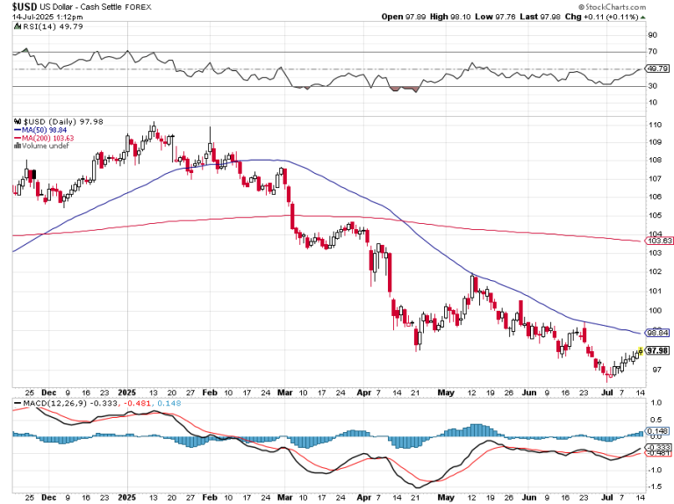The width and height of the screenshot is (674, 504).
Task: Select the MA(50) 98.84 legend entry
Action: (x=43, y=131)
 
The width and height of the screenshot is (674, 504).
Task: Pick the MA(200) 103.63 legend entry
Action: (x=46, y=139)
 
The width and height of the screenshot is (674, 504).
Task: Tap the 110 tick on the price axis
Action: (x=653, y=125)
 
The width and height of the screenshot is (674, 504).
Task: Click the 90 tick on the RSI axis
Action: (x=651, y=36)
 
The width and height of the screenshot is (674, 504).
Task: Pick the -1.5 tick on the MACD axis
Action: (x=654, y=486)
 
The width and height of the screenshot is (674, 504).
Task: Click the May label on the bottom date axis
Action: (x=447, y=498)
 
